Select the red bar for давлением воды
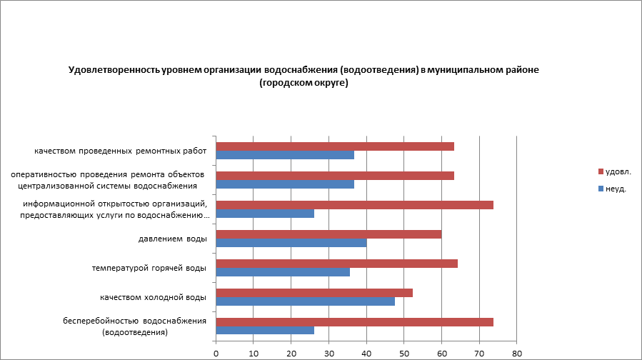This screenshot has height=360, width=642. click(328, 234)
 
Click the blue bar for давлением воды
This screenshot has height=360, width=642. click(291, 242)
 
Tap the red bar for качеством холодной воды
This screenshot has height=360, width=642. click(314, 292)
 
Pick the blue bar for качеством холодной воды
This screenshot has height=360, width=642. click(305, 301)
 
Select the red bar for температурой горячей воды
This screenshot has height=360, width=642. click(336, 263)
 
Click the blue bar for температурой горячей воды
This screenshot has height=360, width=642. click(283, 271)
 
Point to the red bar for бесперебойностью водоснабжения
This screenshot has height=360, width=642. click(354, 321)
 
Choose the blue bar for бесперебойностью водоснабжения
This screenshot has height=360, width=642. click(265, 330)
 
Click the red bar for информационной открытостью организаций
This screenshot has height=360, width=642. click(354, 205)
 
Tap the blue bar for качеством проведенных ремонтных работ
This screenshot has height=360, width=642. click(285, 155)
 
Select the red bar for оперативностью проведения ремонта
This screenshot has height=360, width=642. click(335, 176)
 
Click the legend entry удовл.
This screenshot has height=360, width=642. click(618, 171)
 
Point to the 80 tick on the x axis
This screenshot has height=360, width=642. click(517, 352)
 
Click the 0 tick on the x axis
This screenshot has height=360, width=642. click(216, 352)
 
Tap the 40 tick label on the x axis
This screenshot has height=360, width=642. click(366, 352)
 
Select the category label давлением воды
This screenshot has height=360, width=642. click(172, 239)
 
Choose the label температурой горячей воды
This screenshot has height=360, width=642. click(149, 268)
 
